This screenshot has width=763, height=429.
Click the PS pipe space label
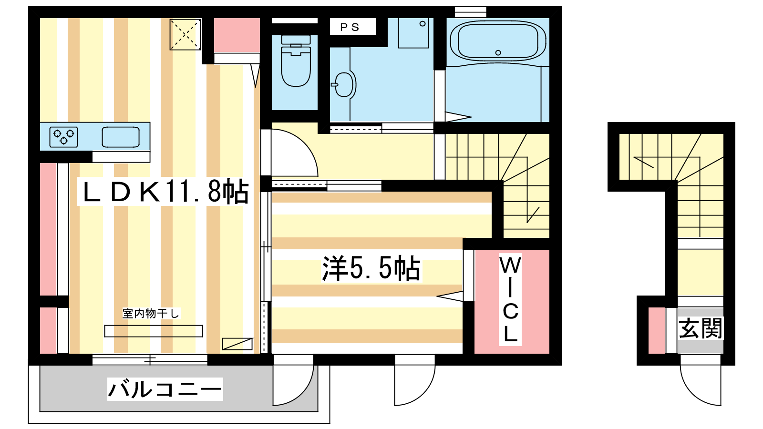click(x=350, y=27)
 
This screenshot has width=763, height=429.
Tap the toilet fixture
click(x=296, y=61)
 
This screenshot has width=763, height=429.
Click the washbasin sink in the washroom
click(x=344, y=84)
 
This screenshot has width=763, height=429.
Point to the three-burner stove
click(x=64, y=137)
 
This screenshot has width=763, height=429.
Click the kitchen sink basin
click(x=121, y=137)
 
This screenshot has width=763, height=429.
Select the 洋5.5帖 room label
click(x=371, y=268)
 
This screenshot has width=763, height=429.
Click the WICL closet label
click(x=510, y=299)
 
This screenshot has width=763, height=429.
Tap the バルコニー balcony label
click(x=165, y=389)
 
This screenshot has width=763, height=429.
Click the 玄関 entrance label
click(x=701, y=328)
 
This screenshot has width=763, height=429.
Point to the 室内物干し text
click(x=151, y=313)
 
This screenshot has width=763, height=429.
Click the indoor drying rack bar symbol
click(x=153, y=331)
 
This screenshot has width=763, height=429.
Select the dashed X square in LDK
click(x=186, y=34)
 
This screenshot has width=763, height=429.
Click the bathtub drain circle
click(x=498, y=53)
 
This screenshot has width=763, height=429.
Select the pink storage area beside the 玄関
click(x=657, y=330)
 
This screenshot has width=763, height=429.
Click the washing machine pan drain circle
click(x=423, y=24)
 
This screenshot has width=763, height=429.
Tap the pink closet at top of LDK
click(x=237, y=35)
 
